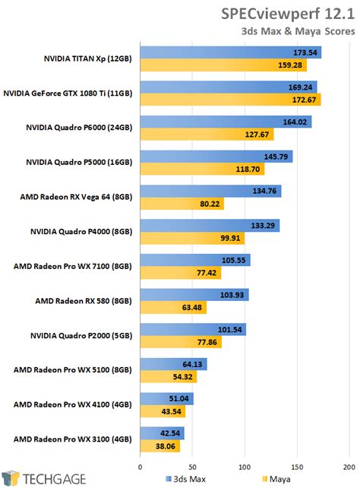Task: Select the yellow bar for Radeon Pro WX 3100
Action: click(160, 446)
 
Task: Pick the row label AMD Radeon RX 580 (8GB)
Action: click(83, 300)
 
